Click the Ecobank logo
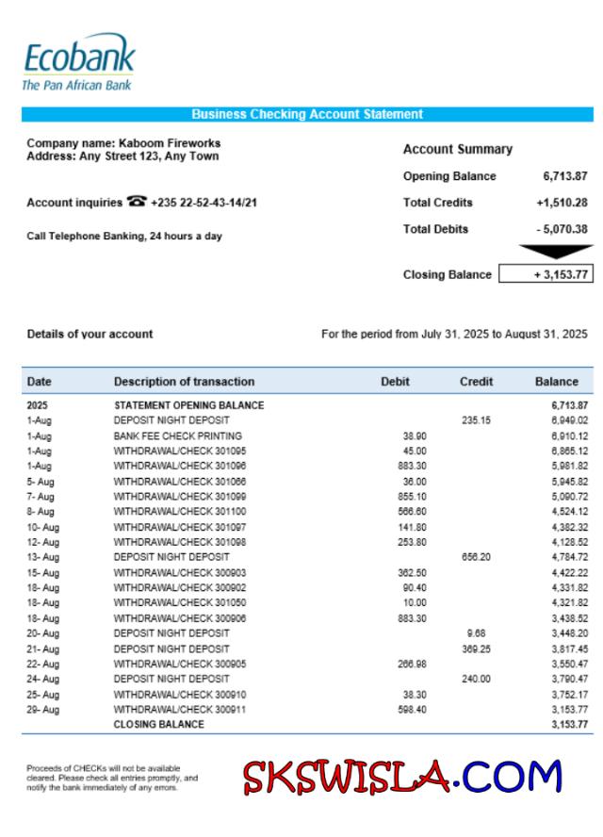(x=78, y=61)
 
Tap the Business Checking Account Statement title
(x=307, y=114)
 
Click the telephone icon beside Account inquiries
(x=137, y=202)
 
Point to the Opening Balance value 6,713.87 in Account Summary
(x=564, y=176)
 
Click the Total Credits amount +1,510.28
(x=562, y=203)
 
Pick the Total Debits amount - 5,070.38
(x=562, y=229)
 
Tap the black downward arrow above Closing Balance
(x=556, y=252)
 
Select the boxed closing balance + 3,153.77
(x=546, y=274)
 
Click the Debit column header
(x=395, y=382)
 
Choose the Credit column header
(x=476, y=382)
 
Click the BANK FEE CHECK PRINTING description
(x=178, y=435)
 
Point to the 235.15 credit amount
(x=476, y=420)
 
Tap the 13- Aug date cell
(x=42, y=557)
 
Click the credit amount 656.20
(x=476, y=557)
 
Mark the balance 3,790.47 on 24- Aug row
(x=570, y=679)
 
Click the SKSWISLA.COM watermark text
(x=402, y=777)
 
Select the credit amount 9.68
(x=476, y=633)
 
